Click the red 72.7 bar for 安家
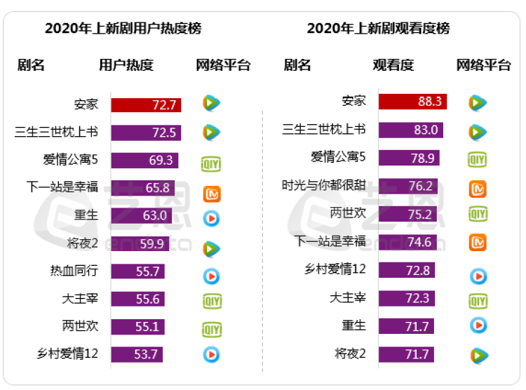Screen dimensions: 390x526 146,105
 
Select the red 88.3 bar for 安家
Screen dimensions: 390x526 412,101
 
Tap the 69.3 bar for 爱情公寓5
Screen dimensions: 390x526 144,161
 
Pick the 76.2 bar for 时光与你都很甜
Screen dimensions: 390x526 407,186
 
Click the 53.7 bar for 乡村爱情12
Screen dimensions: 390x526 137,354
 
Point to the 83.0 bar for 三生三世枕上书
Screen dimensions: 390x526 410,130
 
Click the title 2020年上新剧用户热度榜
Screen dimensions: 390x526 123,29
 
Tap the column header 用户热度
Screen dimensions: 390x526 126,66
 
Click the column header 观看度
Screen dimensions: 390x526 393,66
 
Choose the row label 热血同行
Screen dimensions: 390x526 74,271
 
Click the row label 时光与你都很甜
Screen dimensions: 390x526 324,186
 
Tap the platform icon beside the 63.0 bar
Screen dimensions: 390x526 212,218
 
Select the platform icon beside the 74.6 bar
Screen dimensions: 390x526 478,242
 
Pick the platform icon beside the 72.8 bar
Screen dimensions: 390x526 478,276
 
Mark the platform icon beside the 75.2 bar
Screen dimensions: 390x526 478,214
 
